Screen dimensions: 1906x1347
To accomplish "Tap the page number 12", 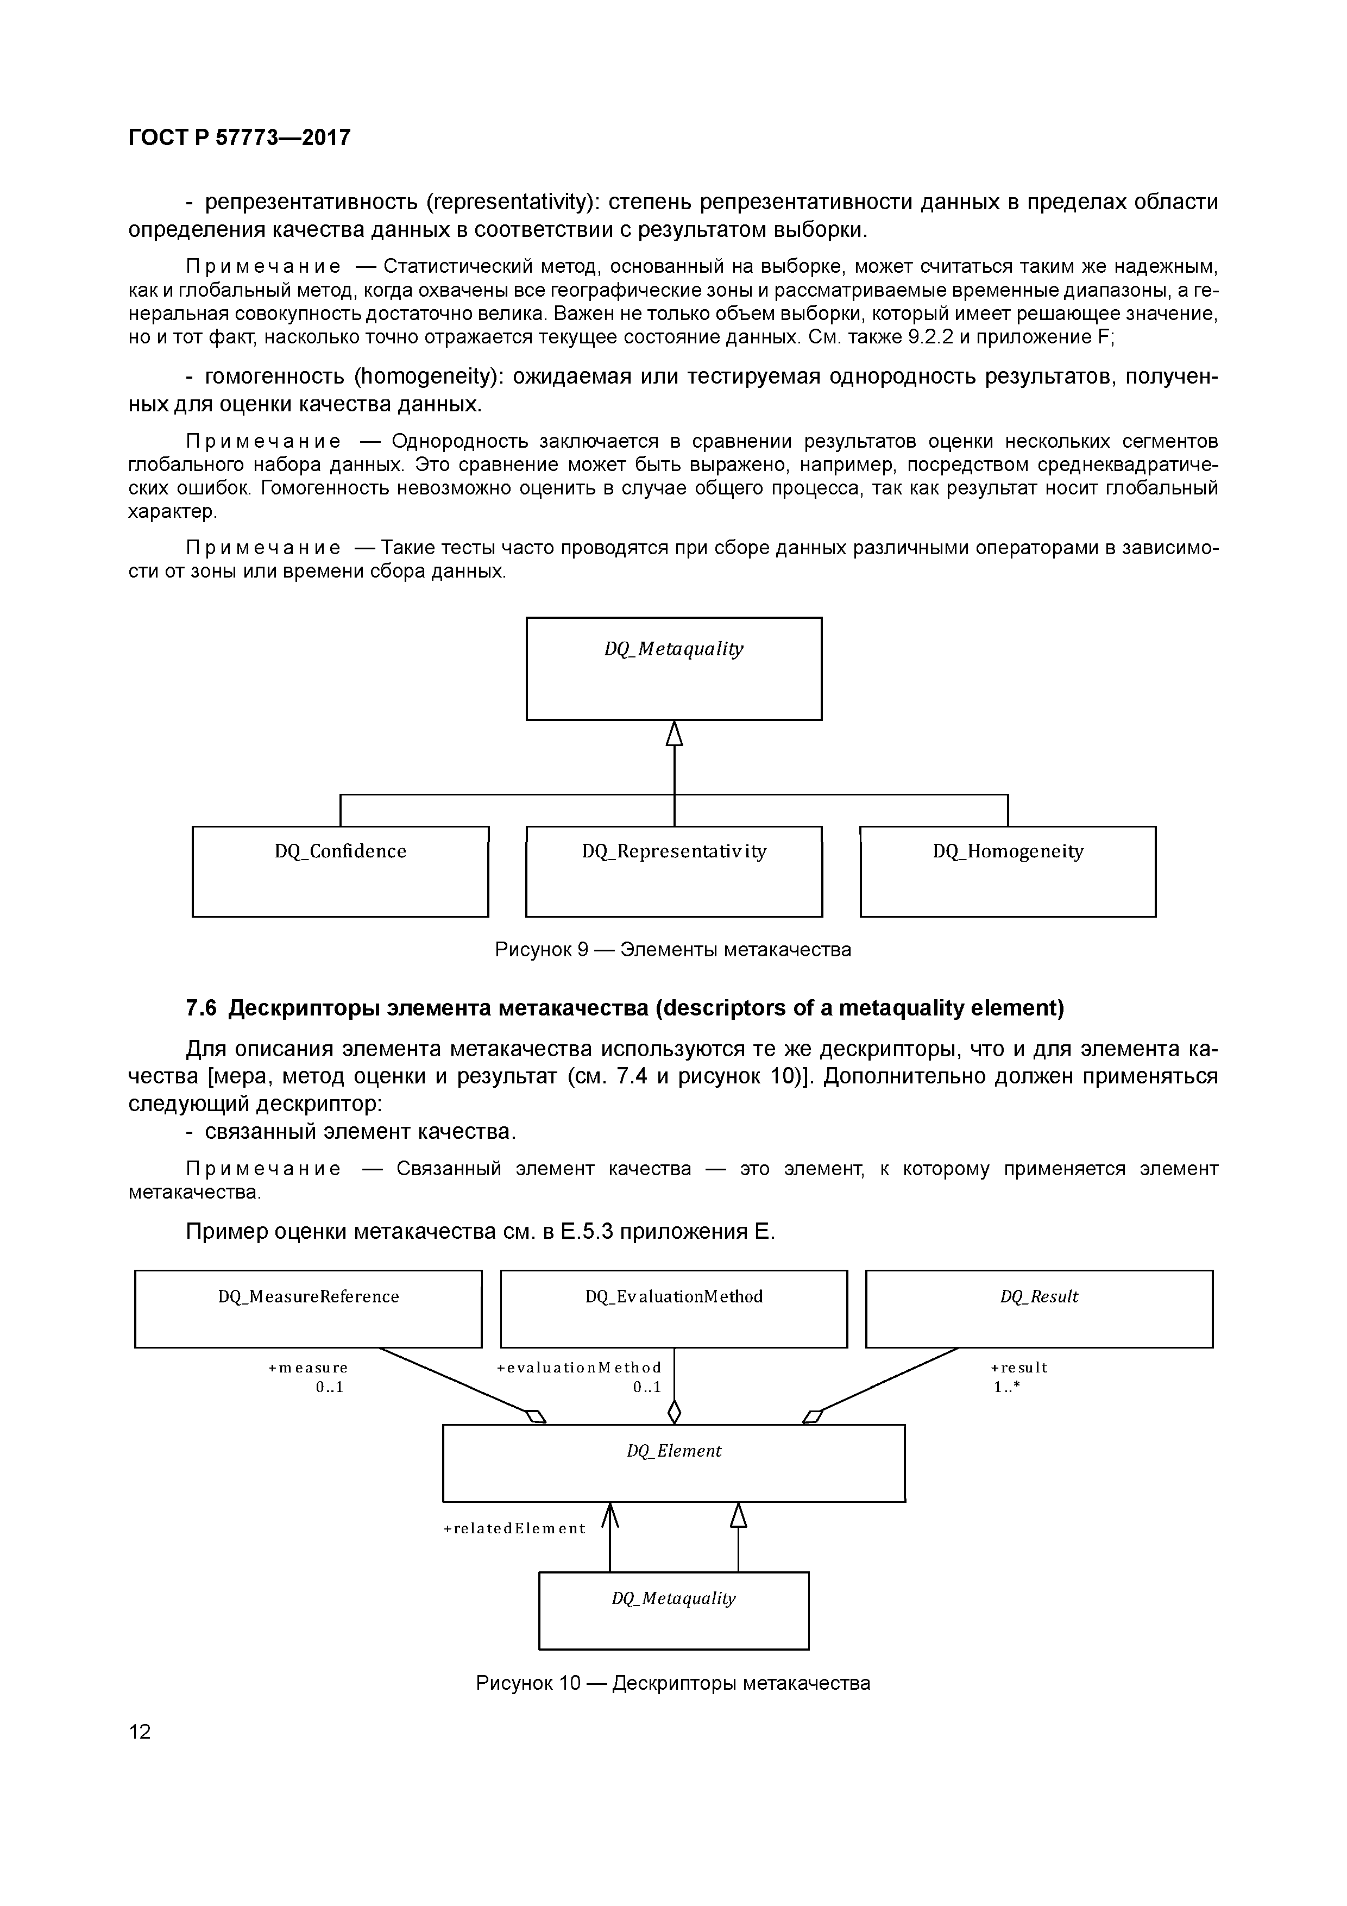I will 140,1731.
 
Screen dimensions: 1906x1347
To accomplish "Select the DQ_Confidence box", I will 340,871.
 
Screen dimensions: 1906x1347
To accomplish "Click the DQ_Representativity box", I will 674,871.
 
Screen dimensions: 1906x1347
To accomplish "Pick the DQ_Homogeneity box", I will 1008,871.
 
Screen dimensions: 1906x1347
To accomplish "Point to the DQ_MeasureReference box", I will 308,1309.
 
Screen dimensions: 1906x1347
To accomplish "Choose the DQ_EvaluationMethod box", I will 674,1309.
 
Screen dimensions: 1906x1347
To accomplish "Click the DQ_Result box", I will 1039,1309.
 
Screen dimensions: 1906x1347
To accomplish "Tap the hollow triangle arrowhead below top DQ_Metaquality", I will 674,734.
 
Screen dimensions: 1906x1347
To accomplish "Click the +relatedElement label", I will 514,1528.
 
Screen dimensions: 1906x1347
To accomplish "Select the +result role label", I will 1018,1367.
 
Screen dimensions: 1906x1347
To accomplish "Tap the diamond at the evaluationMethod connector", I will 674,1411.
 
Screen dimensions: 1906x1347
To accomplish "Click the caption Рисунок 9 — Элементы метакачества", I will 673,949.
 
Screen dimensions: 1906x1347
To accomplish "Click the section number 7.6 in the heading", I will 201,1008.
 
